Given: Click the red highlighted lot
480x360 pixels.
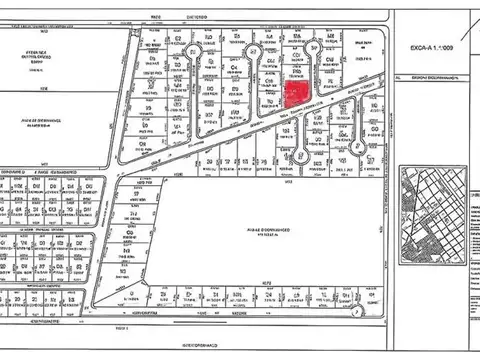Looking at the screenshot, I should click(x=296, y=94).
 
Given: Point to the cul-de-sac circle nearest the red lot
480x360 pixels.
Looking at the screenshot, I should click(x=314, y=48).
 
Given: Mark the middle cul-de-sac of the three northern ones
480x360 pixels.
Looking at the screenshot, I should click(x=244, y=49).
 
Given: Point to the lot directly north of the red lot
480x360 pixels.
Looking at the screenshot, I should click(x=295, y=71).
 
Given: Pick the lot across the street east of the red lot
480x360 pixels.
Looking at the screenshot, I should click(x=329, y=91).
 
